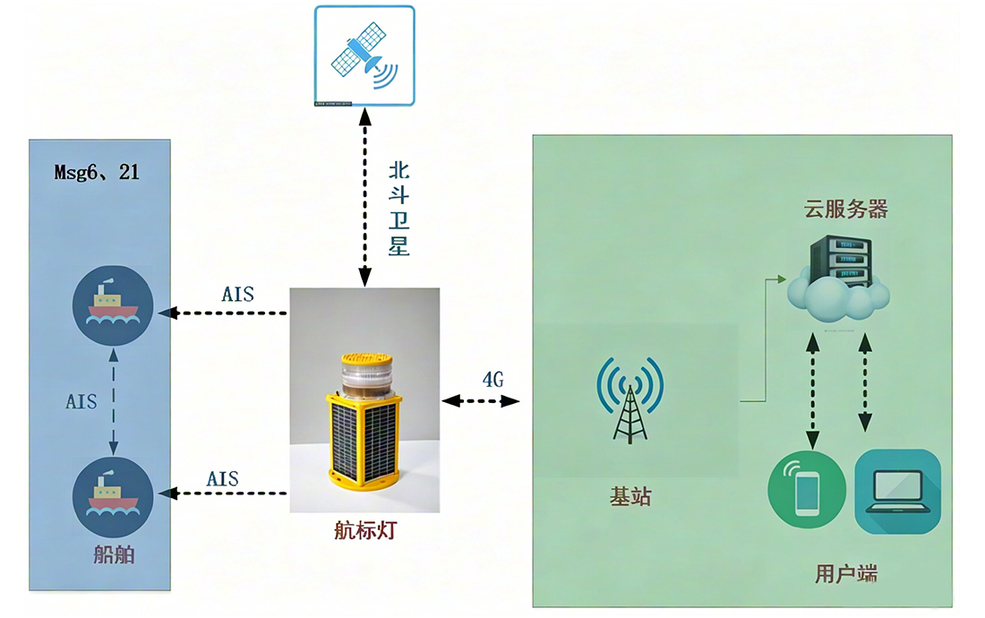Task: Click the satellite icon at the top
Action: point(364,56)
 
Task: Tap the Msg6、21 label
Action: point(97,172)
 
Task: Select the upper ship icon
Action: point(113,305)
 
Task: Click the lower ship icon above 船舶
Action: point(113,497)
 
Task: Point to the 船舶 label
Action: point(114,554)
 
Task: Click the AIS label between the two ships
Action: point(81,401)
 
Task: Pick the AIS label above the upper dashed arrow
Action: point(238,294)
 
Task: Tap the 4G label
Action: point(493,380)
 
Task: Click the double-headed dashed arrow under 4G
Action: point(481,400)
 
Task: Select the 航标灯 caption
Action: point(365,531)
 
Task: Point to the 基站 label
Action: point(630,497)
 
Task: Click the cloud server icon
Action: point(839,279)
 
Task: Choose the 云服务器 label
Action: point(845,210)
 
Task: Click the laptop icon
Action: point(897,491)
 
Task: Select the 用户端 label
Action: point(846,573)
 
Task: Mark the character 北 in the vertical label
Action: point(398,170)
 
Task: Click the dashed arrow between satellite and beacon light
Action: point(364,197)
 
